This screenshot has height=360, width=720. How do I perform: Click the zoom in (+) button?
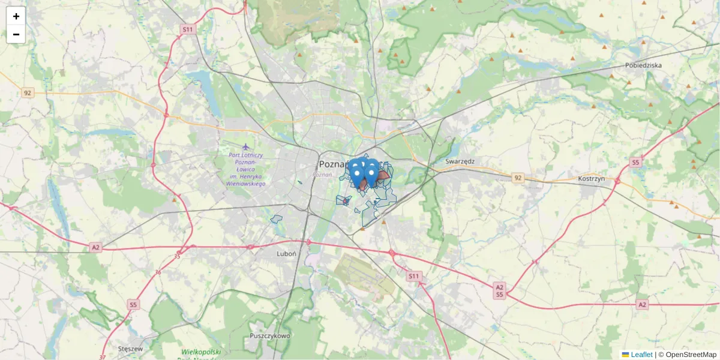pos(16,16)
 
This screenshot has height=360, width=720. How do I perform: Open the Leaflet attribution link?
pos(641,355)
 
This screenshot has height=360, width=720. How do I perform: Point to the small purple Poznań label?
pos(322,175)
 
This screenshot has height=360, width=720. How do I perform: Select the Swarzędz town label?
pos(460,161)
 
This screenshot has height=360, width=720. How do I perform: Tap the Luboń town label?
pos(286,254)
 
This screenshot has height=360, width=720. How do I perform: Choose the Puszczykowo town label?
pos(270,335)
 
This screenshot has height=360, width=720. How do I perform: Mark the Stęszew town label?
pos(130,349)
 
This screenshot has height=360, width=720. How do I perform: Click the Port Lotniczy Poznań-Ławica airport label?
pos(245,169)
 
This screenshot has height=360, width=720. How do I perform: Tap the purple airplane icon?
pos(245,146)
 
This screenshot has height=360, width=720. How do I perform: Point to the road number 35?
pos(177,256)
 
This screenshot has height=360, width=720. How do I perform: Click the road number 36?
pos(158,272)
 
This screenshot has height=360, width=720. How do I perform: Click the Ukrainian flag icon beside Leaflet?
pos(625,355)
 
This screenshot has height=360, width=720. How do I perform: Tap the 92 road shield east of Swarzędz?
pos(518,178)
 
